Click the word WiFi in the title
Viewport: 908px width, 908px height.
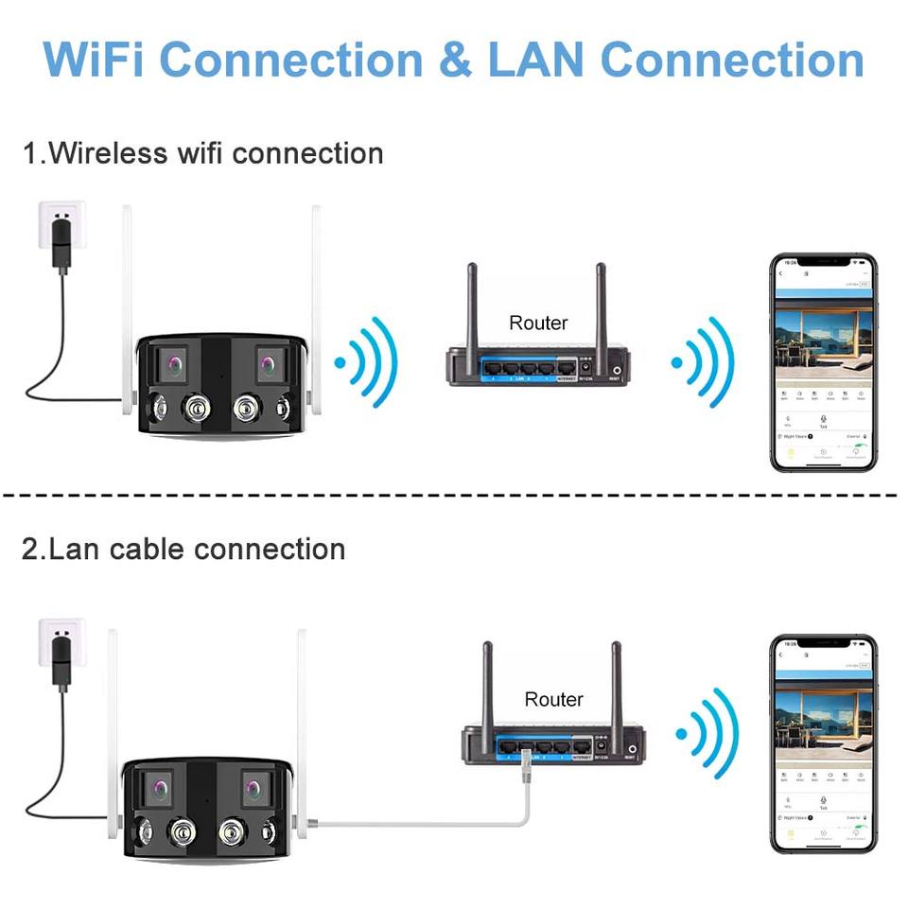tap(91, 59)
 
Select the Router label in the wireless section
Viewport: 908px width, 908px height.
tap(538, 323)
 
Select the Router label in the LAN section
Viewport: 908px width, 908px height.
tap(554, 700)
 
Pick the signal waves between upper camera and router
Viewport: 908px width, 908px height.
tap(368, 361)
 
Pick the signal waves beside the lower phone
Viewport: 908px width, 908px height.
tap(706, 734)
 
